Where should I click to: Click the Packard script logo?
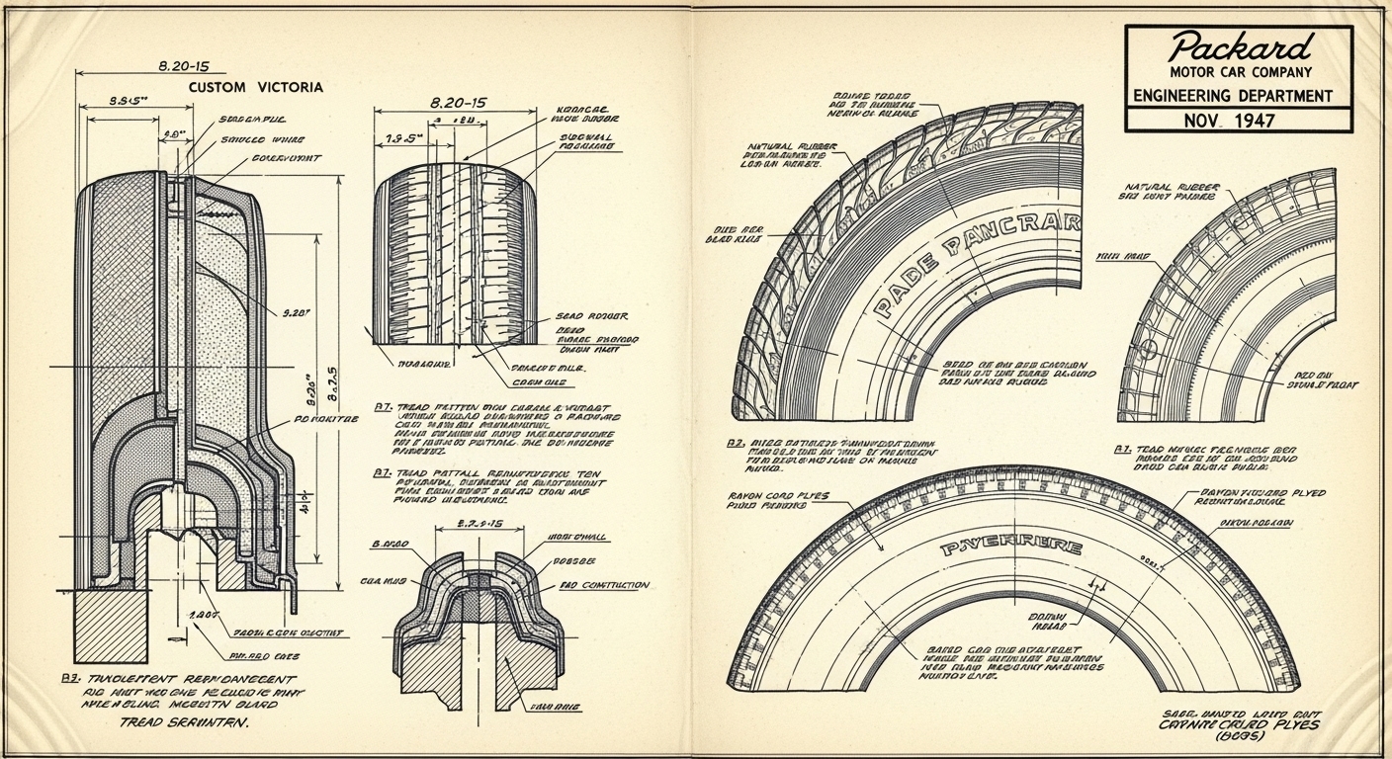point(1240,46)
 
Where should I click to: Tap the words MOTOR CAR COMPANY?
point(1240,72)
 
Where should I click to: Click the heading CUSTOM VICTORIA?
point(255,87)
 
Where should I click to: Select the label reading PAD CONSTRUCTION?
point(604,585)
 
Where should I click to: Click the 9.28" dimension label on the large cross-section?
point(298,313)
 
